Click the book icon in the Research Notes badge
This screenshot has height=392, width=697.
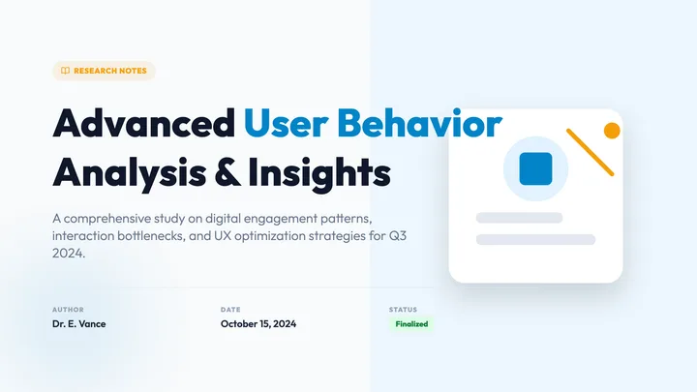coord(66,71)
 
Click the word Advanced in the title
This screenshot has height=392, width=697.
coord(144,123)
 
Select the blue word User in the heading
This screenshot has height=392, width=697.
coord(287,123)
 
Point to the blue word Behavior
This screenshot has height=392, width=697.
coord(419,123)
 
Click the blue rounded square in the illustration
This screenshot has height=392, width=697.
coord(535,168)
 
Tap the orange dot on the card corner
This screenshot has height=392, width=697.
coord(612,131)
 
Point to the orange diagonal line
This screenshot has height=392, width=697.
coord(590,153)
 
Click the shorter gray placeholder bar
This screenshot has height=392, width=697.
coord(519,218)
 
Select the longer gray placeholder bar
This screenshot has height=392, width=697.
coord(535,240)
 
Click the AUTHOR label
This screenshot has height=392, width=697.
coord(68,310)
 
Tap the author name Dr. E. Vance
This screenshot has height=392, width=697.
coord(79,324)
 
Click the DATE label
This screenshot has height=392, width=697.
coord(230,310)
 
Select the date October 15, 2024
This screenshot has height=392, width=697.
coord(258,324)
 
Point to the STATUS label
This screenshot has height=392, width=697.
coord(403,310)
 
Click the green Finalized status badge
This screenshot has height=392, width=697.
coord(411,324)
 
